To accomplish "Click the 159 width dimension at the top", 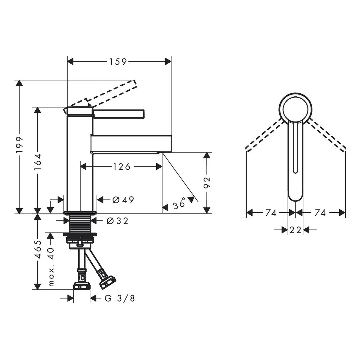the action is [x=118, y=62].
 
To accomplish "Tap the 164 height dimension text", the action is [x=37, y=162].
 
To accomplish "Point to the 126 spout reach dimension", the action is [x=121, y=166].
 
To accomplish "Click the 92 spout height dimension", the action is [x=207, y=183].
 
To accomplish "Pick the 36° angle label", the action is [x=179, y=204].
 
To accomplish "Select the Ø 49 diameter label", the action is [x=123, y=200].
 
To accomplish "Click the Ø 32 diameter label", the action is [x=118, y=221].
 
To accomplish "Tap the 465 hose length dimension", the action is [x=38, y=249].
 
